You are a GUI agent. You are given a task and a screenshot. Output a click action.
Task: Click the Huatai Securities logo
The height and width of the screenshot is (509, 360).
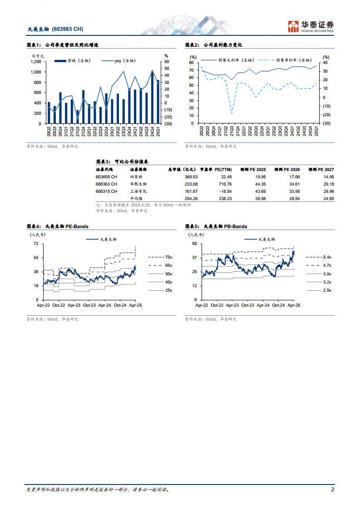(311, 25)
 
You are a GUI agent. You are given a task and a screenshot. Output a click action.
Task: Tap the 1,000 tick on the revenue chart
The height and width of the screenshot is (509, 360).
(36, 72)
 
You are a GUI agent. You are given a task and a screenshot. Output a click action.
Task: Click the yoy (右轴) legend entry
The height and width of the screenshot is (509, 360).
(118, 60)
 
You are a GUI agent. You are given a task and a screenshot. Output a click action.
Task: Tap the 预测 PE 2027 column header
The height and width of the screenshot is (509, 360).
(321, 169)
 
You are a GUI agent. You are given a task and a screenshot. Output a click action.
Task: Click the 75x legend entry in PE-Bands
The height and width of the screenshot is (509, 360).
(168, 257)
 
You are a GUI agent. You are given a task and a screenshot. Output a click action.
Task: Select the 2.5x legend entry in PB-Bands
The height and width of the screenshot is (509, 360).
(327, 290)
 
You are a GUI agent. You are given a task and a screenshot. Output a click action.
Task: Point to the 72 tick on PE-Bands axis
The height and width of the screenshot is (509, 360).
(35, 244)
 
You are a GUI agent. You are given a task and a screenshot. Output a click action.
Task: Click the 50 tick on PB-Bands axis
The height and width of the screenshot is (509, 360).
(194, 244)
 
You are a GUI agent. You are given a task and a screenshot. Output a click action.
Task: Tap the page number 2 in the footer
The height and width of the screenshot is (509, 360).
(332, 490)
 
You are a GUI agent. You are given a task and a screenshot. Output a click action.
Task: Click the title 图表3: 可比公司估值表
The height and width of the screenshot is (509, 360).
(123, 161)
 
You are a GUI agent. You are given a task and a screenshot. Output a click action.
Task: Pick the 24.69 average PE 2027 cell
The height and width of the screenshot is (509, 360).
(328, 199)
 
